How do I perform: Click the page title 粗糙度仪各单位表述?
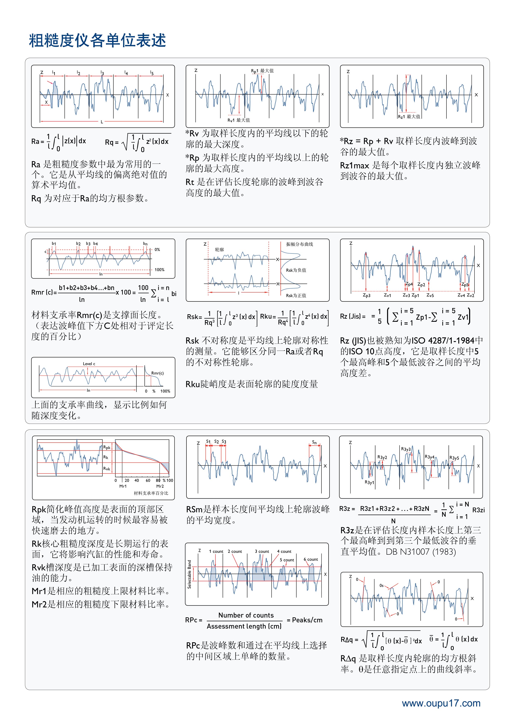[x=97, y=41]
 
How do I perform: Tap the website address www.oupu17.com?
[x=441, y=703]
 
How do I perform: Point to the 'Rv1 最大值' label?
[x=238, y=120]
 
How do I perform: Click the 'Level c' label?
[x=89, y=364]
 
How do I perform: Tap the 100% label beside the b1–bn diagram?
[x=159, y=270]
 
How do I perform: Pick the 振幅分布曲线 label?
[x=299, y=244]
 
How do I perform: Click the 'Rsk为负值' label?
[x=296, y=270]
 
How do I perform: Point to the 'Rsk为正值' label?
[x=296, y=296]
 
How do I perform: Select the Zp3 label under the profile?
[x=366, y=296]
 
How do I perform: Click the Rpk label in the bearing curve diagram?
[x=107, y=447]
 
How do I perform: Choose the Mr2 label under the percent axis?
[x=160, y=486]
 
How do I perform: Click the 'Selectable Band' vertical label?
[x=189, y=574]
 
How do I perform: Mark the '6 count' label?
[x=311, y=559]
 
